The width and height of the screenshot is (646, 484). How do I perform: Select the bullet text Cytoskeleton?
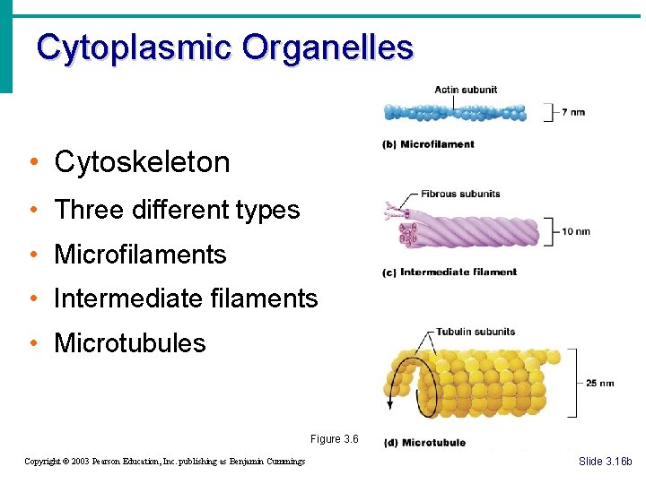coord(142,162)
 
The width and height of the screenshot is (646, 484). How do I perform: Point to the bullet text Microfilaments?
coord(140,255)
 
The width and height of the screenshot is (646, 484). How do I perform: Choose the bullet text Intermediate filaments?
coord(186,298)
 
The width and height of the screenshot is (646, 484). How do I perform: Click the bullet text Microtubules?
coord(130,343)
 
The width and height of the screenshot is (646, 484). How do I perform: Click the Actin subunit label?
coord(466,90)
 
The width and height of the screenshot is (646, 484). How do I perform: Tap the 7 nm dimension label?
coord(573,113)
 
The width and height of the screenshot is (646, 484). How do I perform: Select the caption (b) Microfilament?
coord(429,144)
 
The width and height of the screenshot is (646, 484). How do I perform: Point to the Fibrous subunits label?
coord(460,194)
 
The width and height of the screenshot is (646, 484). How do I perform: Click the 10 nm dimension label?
coord(575,232)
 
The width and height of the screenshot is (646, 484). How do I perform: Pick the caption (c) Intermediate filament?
coord(450,272)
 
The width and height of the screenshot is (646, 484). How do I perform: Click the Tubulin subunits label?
coord(476,332)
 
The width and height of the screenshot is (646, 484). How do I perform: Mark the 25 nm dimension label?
coord(599,384)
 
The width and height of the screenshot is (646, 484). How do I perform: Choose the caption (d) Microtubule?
coord(424,443)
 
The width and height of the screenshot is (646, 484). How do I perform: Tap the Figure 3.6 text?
coord(334,439)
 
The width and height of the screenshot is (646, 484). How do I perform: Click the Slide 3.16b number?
coord(605,462)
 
